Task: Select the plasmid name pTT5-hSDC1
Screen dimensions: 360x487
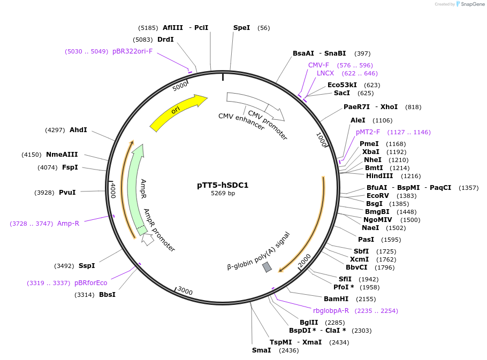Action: pos(223,185)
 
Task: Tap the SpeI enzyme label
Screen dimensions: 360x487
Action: pos(241,28)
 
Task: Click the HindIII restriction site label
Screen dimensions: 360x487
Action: pos(379,175)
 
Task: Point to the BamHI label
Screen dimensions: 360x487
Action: pos(336,298)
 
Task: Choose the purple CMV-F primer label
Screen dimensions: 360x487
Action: pos(318,65)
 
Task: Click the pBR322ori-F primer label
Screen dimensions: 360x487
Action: pos(132,51)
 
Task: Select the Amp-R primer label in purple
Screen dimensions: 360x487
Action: pos(68,224)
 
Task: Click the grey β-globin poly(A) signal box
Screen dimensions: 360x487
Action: pos(267,266)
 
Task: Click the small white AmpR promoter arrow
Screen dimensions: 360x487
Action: pos(147,239)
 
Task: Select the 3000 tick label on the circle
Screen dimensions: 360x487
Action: pos(185,290)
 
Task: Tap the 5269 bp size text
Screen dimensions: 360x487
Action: pos(223,193)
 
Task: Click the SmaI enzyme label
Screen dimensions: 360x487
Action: pos(262,350)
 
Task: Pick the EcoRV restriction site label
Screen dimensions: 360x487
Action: pos(378,196)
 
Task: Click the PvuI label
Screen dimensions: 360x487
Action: pos(67,193)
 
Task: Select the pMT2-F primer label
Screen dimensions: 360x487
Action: pos(368,132)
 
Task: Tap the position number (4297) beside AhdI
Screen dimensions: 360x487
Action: pos(55,130)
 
